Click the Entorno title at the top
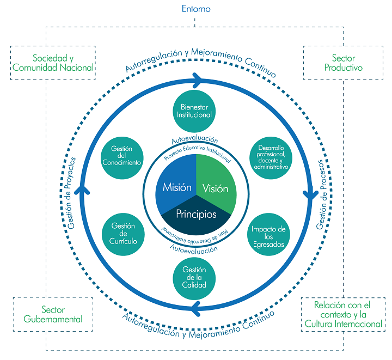point(196,9)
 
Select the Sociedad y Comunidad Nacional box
point(53,63)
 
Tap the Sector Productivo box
point(343,63)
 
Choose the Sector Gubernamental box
point(53,314)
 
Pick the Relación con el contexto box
point(343,314)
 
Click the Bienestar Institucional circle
point(194,111)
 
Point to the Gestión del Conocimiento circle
point(122,158)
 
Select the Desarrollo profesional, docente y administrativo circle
point(271,158)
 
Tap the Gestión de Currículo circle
point(123,234)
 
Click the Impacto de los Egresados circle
point(268,234)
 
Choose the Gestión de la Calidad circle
point(194,278)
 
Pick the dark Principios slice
point(196,216)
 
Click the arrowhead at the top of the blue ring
point(198,81)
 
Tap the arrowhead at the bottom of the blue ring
point(195,309)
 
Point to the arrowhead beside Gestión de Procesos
point(310,193)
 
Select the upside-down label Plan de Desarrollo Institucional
point(195,236)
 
